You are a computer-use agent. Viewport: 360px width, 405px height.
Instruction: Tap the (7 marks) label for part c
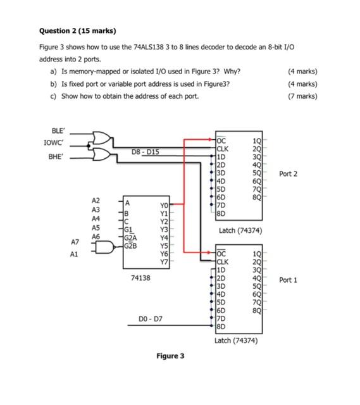[x=302, y=96]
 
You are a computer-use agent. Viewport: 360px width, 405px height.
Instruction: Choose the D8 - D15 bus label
[x=146, y=152]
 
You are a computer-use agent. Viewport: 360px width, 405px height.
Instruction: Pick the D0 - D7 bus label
[x=150, y=319]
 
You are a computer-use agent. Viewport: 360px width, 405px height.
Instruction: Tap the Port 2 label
[x=288, y=173]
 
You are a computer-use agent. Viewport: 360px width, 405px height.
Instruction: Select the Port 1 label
[x=288, y=279]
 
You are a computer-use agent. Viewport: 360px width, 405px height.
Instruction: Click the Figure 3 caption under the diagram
[x=171, y=356]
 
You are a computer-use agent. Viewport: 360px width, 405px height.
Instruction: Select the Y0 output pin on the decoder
[x=164, y=205]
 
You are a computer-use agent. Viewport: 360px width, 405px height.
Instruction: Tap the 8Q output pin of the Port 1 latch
[x=256, y=311]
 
